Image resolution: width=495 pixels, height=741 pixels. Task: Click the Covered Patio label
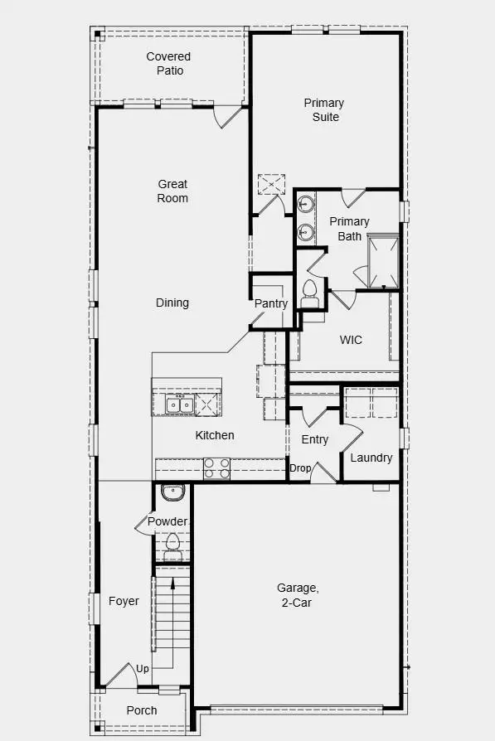click(168, 64)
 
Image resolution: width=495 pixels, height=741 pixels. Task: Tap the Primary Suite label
click(323, 110)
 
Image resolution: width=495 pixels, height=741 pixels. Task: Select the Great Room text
click(172, 191)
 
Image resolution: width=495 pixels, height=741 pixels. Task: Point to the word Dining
click(172, 303)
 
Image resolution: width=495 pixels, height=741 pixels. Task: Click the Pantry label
click(270, 304)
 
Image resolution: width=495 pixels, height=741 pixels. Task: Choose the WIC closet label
click(351, 340)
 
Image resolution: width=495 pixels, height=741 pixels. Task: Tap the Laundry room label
click(371, 458)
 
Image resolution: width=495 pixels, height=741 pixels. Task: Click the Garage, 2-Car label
click(297, 595)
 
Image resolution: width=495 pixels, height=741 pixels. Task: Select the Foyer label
click(124, 602)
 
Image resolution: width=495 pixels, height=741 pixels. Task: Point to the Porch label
click(142, 710)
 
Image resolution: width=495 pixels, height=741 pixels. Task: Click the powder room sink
click(172, 493)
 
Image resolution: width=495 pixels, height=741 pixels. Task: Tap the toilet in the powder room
click(172, 544)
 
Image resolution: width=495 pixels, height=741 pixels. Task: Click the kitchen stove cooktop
click(217, 469)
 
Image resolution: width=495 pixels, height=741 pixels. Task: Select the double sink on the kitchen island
click(179, 405)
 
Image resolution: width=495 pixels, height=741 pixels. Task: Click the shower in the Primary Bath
click(383, 261)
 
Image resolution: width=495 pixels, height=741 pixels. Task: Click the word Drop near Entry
click(299, 469)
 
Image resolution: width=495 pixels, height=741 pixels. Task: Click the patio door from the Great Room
click(226, 117)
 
